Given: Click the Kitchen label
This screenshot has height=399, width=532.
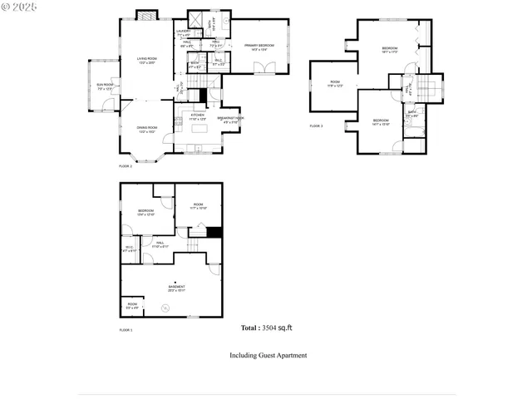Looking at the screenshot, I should tap(196, 117).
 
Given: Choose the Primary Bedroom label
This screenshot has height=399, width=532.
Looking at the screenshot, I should tap(259, 47).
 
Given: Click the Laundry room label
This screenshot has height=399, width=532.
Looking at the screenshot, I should tap(184, 32).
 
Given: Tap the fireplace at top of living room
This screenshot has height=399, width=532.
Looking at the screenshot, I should tap(145, 15).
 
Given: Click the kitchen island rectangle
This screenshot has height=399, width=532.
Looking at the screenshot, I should tap(199, 129).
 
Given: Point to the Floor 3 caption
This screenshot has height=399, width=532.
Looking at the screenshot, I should tap(316, 126).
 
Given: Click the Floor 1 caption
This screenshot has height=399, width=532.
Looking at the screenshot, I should tap(126, 330).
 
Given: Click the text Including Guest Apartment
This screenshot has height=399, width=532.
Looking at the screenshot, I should tap(268, 355).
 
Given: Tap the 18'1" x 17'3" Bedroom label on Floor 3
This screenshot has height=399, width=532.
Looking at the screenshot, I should tap(390, 51).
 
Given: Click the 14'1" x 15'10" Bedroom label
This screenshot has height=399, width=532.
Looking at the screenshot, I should tap(381, 122).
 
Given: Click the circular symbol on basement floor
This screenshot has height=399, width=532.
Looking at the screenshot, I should tap(166, 308).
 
